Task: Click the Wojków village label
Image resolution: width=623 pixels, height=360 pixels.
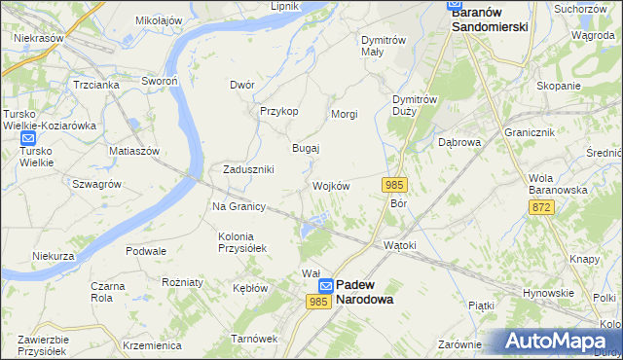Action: coord(331,186)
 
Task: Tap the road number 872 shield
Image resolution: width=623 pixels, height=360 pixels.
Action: coord(543,207)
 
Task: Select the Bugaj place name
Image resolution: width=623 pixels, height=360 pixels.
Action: coord(307,148)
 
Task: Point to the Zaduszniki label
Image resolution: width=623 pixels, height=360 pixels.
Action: coord(249,168)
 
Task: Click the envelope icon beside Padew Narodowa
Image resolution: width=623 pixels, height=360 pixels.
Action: coord(326,285)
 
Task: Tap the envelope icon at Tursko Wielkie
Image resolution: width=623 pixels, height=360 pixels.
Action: coord(27,138)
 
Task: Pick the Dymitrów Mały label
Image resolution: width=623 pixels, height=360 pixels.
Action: coord(383,47)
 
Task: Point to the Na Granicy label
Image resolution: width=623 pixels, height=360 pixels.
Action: coord(239,206)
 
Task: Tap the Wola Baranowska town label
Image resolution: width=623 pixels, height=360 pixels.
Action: coord(558,184)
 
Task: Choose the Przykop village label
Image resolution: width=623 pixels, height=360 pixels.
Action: coord(278,111)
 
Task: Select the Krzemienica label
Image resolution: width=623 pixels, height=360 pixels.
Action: coord(153,345)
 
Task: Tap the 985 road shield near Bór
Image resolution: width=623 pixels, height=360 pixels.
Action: coord(394,185)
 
